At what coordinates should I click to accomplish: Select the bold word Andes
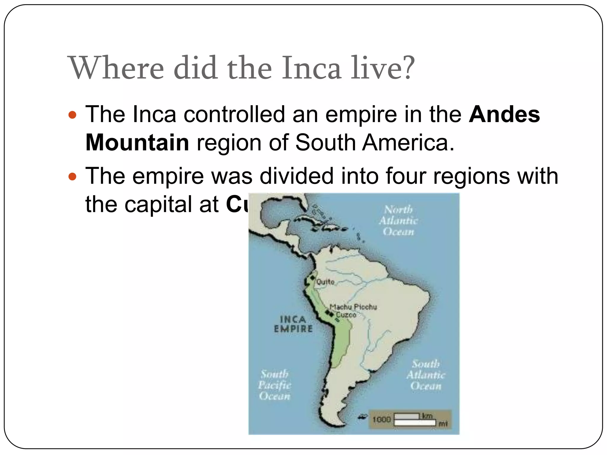(x=504, y=115)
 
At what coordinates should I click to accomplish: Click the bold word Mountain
(x=137, y=143)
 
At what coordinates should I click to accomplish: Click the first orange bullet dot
(x=72, y=115)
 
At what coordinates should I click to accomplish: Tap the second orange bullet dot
(x=72, y=177)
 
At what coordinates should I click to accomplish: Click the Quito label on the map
(x=325, y=282)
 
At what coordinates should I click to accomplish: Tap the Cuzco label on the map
(x=346, y=315)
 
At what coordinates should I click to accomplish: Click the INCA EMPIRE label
(x=293, y=324)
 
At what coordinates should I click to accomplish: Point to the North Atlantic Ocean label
(x=398, y=221)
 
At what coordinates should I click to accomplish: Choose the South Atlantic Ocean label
(x=426, y=375)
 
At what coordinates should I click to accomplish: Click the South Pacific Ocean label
(x=274, y=385)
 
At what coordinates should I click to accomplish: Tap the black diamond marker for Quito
(x=312, y=278)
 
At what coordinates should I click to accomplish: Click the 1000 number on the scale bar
(x=381, y=420)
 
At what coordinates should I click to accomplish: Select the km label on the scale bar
(x=427, y=416)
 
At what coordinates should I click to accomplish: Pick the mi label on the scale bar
(x=443, y=424)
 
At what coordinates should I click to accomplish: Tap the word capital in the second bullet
(x=158, y=205)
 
